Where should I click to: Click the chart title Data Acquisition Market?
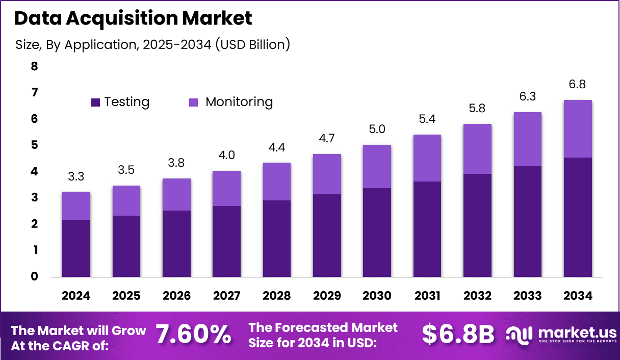click(x=133, y=18)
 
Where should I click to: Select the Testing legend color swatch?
click(x=96, y=102)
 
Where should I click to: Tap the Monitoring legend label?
click(x=239, y=102)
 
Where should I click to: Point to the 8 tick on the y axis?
click(x=35, y=66)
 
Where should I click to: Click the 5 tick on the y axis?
click(x=35, y=145)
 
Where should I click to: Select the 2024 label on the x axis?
click(x=76, y=296)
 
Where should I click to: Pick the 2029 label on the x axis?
click(x=327, y=296)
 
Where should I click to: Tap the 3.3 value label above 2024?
click(x=76, y=176)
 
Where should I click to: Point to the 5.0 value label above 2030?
click(x=377, y=130)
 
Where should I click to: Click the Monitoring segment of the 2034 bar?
click(x=578, y=128)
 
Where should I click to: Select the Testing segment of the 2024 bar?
click(x=76, y=248)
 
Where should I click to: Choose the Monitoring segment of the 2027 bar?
click(x=226, y=188)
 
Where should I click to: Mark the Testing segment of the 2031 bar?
click(x=427, y=229)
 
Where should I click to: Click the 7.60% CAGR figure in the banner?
click(x=193, y=335)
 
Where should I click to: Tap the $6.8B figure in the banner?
click(x=458, y=335)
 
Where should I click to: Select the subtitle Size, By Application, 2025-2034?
click(x=152, y=44)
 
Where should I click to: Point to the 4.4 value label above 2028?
click(x=276, y=147)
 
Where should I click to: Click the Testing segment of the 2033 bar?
click(x=528, y=222)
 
